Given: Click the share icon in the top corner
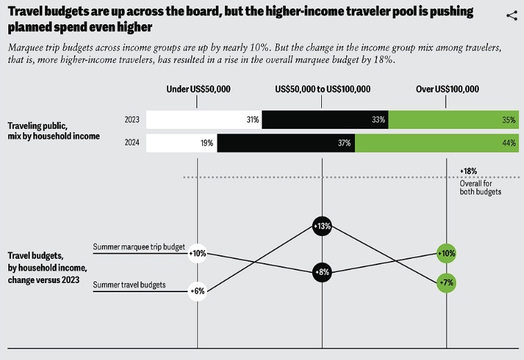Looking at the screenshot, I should tap(512, 15).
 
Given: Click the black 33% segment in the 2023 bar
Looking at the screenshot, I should tap(325, 120).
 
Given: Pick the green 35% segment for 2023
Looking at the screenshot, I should tap(453, 120).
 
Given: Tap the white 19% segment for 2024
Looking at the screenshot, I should tap(181, 143).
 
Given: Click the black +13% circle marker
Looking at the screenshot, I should tap(323, 226).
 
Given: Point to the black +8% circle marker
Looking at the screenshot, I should tap(323, 272).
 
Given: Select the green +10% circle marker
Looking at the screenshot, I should tap(447, 253).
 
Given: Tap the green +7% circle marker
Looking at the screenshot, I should tap(447, 282).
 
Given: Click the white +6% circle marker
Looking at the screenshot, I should tap(198, 291).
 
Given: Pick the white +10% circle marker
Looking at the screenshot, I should tap(198, 253).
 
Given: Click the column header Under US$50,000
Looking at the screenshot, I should tap(199, 89).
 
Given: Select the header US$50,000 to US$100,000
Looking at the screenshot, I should tap(323, 89).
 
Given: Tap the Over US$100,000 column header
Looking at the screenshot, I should tap(447, 89).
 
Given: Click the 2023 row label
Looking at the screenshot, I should tap(132, 120).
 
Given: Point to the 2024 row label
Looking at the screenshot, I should tap(132, 143).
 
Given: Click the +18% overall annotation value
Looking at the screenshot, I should tap(469, 170).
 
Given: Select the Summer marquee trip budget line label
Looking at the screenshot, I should tap(139, 247).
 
